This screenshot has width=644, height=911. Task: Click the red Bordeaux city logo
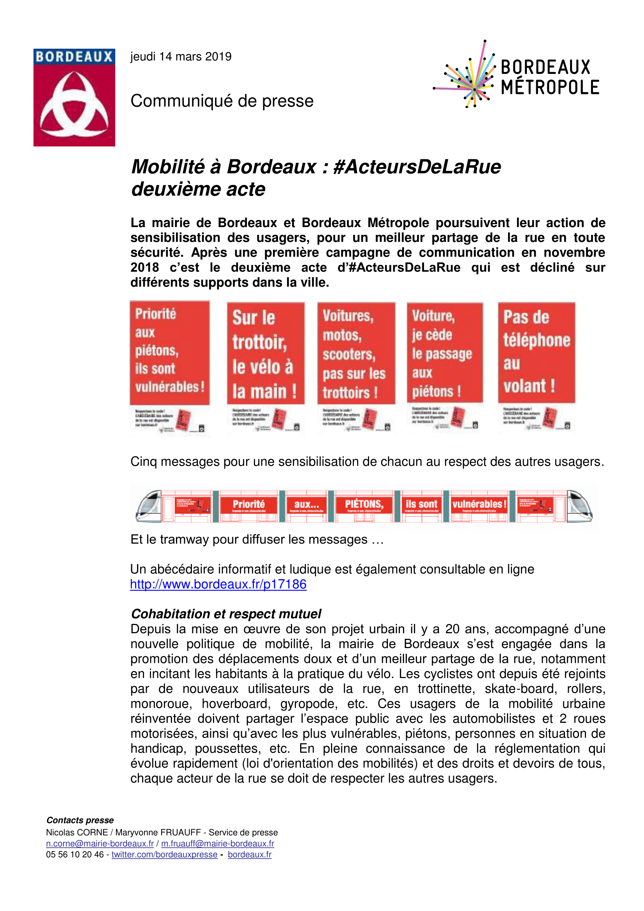pos(74,97)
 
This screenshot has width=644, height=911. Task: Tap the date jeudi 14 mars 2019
pos(181,57)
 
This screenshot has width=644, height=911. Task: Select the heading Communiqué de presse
pos(222,101)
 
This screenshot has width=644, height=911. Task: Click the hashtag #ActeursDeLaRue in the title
pos(417,167)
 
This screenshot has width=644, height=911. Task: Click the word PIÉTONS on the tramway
pos(364,504)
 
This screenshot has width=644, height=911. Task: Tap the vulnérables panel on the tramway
pos(479,504)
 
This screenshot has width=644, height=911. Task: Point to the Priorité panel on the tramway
pos(249,504)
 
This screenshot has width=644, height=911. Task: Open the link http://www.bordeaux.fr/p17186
pos(218,584)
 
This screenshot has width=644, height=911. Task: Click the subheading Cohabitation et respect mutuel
pos(226,613)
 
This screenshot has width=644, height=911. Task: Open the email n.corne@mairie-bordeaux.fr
pos(100,843)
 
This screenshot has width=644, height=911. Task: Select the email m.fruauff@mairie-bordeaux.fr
pos(217,843)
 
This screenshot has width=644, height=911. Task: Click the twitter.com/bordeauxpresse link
pos(164,854)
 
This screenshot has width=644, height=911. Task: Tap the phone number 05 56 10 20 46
pos(74,854)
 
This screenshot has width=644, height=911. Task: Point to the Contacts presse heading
pos(80,820)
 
